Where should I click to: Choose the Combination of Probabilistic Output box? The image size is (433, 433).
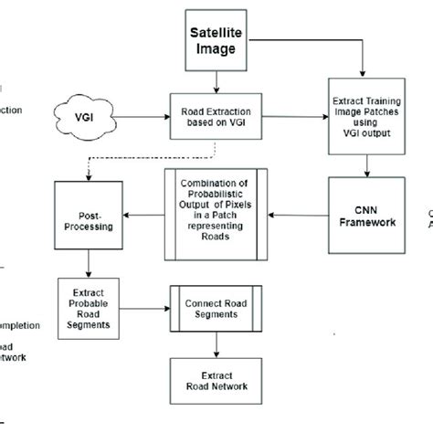(x=216, y=216)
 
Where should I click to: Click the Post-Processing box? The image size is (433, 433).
(x=89, y=216)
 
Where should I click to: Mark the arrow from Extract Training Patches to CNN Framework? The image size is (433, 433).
(x=365, y=166)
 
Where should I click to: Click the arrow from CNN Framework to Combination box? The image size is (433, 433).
(x=297, y=216)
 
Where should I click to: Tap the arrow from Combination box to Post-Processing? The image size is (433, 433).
(x=144, y=216)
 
